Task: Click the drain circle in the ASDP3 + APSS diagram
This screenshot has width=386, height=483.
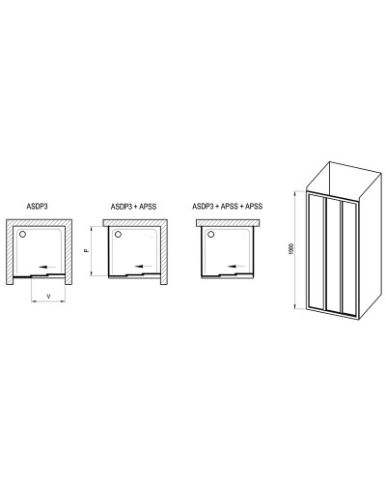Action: pyautogui.click(x=118, y=233)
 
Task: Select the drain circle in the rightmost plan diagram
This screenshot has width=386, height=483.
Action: pyautogui.click(x=209, y=233)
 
